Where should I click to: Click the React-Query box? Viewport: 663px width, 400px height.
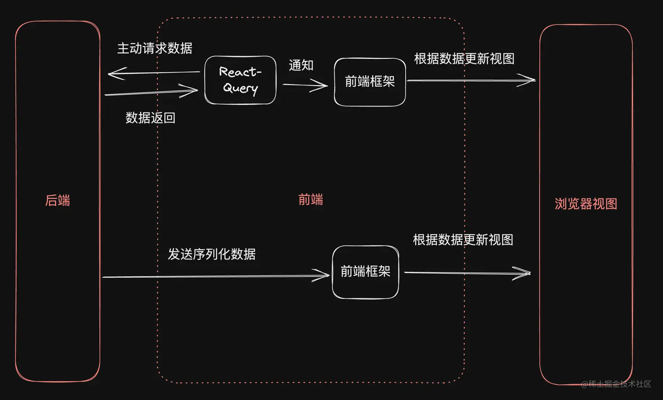click(x=240, y=80)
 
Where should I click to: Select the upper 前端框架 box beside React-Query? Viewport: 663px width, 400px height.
click(x=370, y=82)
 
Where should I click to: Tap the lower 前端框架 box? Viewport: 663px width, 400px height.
click(x=365, y=272)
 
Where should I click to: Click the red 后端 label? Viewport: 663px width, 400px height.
click(x=57, y=201)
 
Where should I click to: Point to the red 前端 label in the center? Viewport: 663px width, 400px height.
click(x=310, y=200)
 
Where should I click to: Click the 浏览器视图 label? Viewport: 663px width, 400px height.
click(x=586, y=204)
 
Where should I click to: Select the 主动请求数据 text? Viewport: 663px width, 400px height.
click(x=155, y=48)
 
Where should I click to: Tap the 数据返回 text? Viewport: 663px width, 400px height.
click(x=150, y=118)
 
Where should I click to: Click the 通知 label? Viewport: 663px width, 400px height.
click(x=301, y=66)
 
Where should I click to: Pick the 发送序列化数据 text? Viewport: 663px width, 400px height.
click(x=211, y=254)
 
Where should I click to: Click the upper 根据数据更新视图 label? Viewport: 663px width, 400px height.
click(x=464, y=59)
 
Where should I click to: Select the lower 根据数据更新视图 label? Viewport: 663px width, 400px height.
click(x=463, y=240)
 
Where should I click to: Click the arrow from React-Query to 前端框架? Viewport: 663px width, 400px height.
click(x=305, y=85)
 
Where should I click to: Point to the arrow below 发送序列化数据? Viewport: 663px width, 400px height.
click(x=215, y=276)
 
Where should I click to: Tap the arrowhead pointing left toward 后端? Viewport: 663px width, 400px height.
click(x=116, y=73)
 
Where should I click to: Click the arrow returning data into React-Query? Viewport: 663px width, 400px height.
click(x=151, y=92)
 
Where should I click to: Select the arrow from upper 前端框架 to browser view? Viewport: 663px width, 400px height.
click(x=471, y=80)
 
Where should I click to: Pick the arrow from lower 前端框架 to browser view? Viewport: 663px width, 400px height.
click(x=467, y=273)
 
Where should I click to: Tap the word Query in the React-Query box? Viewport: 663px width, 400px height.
click(x=240, y=88)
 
